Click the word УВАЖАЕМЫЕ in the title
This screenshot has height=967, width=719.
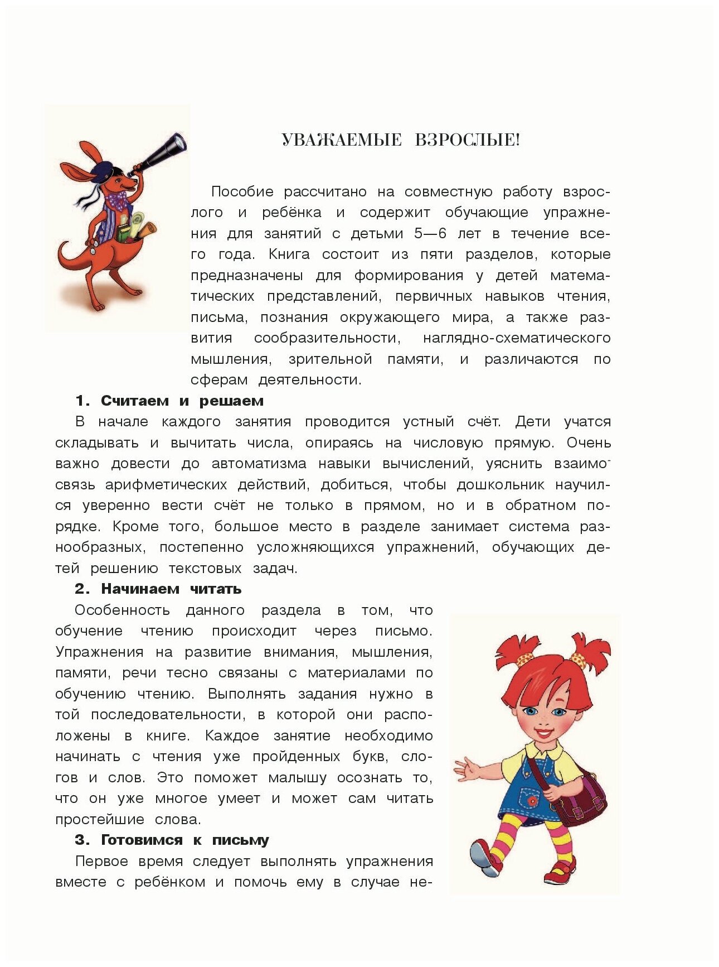(341, 140)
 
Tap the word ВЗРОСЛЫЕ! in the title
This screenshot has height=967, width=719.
(467, 140)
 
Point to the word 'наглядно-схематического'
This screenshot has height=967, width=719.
(517, 338)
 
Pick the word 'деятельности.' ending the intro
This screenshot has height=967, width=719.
(310, 380)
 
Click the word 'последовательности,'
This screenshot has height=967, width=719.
(167, 715)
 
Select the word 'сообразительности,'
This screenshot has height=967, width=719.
(327, 338)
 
